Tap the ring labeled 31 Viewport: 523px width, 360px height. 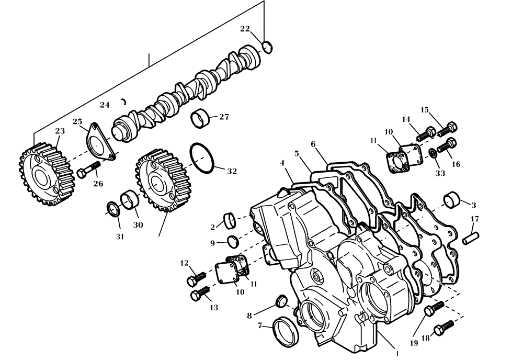click(x=112, y=209)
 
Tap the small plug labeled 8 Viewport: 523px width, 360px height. click(x=281, y=300)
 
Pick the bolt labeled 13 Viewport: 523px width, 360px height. click(x=200, y=293)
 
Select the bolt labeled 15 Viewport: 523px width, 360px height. click(x=448, y=128)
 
